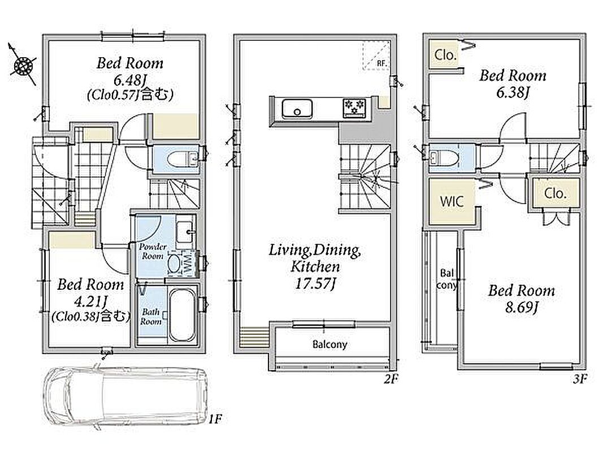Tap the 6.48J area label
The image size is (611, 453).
[130, 80]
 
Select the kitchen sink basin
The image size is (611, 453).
[297, 108]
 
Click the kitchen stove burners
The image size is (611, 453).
[354, 107]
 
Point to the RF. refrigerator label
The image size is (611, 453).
[382, 63]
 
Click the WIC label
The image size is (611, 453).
[452, 202]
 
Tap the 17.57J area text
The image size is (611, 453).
[315, 283]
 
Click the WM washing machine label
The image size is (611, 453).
[187, 263]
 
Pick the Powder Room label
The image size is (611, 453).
[153, 251]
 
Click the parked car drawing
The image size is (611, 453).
[125, 396]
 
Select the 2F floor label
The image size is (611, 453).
[391, 378]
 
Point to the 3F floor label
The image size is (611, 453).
[580, 378]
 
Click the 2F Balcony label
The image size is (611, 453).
[330, 344]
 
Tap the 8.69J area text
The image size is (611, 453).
[522, 307]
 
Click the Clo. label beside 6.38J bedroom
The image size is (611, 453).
[445, 55]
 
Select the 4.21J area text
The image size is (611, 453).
[91, 301]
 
